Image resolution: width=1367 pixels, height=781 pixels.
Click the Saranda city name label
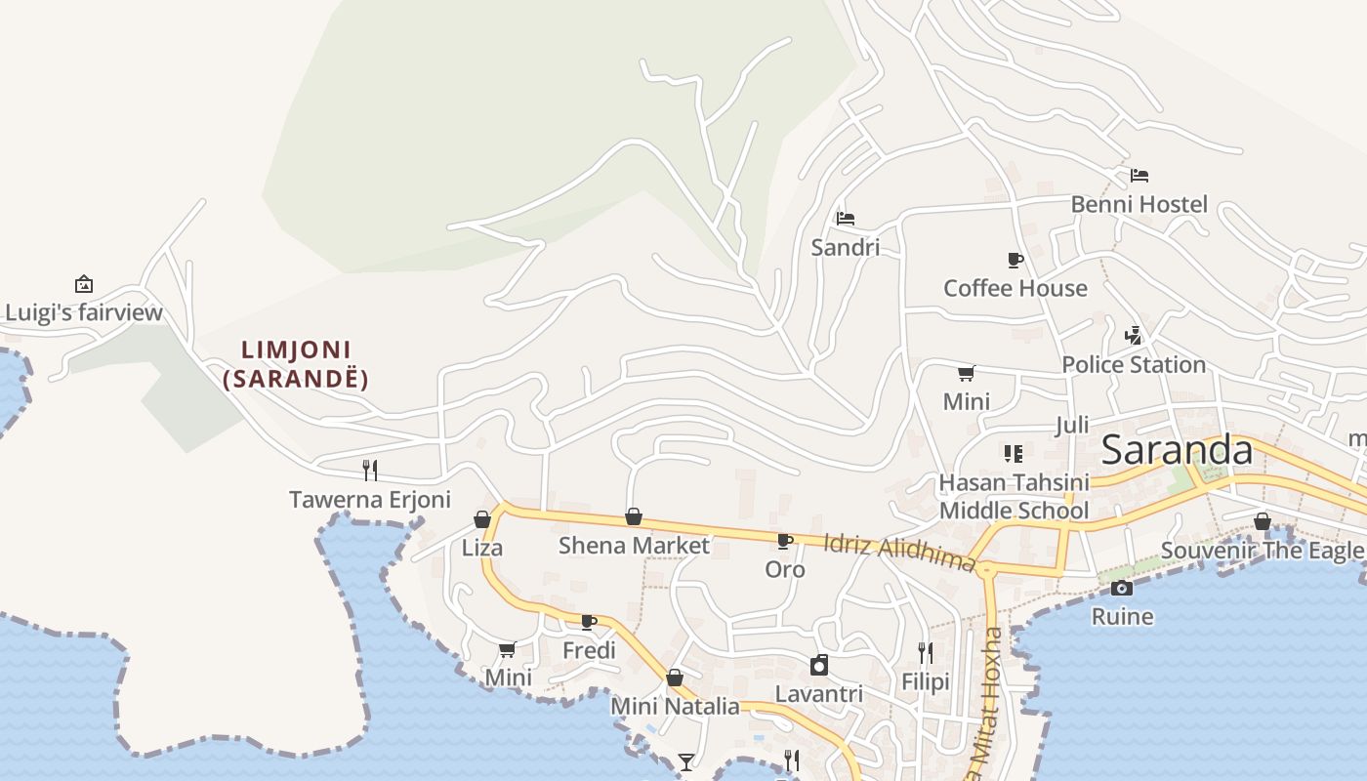coord(1177,450)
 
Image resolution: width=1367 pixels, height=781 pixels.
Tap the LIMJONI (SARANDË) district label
coord(296,364)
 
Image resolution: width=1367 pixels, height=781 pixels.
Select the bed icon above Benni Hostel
coord(1139,176)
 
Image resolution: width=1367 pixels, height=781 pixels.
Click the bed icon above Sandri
coord(846,218)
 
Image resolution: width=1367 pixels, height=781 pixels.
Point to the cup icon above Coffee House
coord(1015,260)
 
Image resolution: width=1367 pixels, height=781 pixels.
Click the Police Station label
coord(1134,365)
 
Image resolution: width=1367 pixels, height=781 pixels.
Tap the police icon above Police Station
coord(1134,336)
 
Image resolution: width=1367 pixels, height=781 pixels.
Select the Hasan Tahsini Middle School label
coord(1014,497)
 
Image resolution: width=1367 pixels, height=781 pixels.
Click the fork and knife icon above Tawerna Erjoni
coord(370,470)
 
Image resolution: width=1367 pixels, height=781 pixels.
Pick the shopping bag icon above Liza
coord(482,518)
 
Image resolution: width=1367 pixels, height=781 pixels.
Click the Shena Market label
coord(634,546)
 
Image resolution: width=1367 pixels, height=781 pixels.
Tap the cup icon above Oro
coord(785,541)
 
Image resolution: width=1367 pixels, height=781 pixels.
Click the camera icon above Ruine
coord(1122,588)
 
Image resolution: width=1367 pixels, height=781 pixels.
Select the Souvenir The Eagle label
coord(1262,551)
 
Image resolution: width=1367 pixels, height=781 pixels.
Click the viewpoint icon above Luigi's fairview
coord(84,284)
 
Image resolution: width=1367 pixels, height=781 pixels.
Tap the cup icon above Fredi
coord(589,622)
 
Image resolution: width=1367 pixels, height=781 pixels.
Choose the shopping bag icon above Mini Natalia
coord(675,678)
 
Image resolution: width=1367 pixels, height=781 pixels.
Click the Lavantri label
coord(819,694)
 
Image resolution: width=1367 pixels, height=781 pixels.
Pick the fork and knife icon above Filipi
coord(926,652)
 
